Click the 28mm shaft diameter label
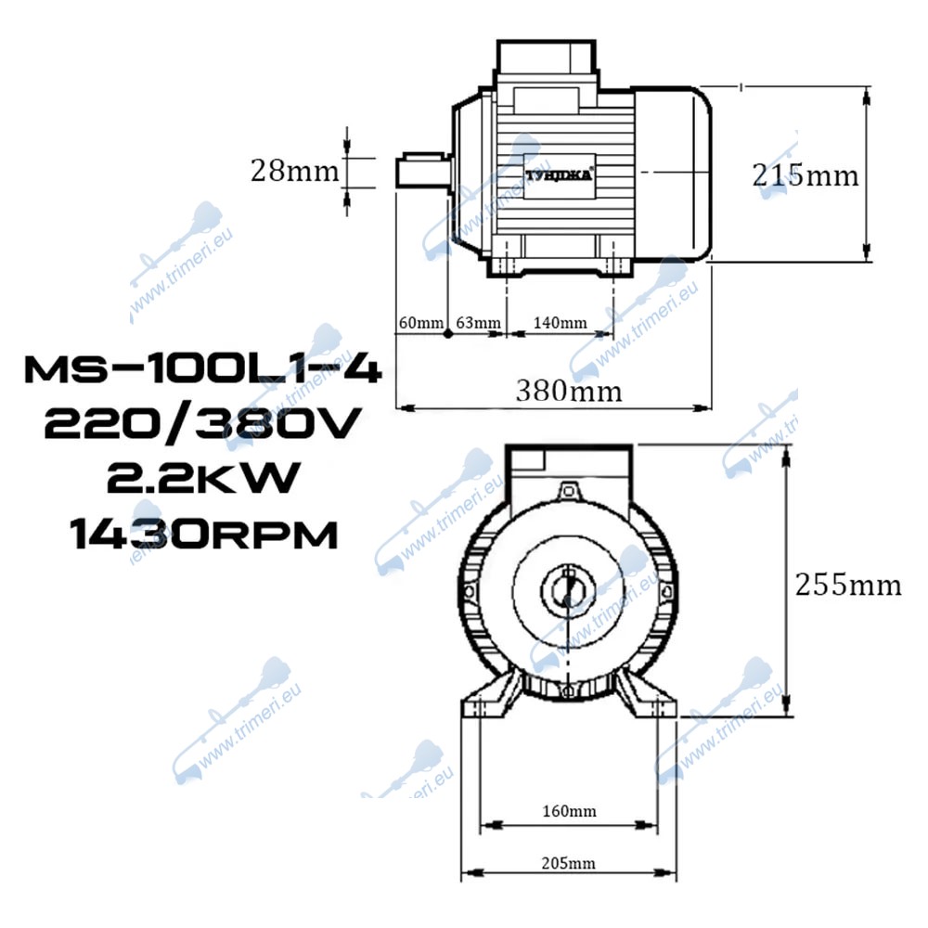(295, 171)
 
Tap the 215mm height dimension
(805, 175)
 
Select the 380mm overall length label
(569, 391)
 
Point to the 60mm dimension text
(420, 323)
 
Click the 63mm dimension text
(478, 323)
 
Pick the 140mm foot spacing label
(560, 323)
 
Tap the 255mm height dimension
(848, 585)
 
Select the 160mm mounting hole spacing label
(570, 811)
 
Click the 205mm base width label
(568, 863)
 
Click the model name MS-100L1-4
(202, 369)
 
